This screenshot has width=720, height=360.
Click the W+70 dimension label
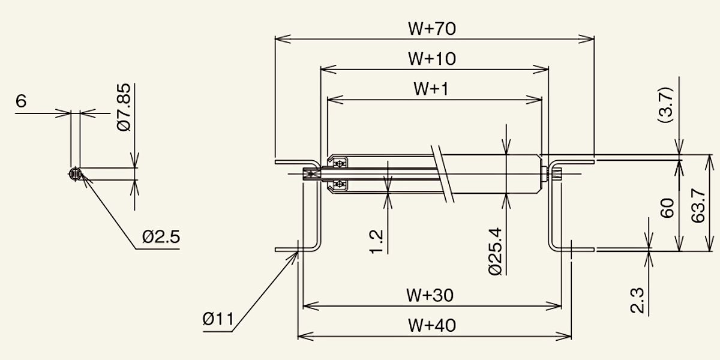[x=431, y=28]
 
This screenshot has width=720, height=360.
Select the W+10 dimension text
[x=431, y=59]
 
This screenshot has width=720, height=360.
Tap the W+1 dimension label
[x=431, y=89]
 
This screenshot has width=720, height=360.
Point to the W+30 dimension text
[x=430, y=295]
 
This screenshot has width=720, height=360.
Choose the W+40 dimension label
[x=431, y=325]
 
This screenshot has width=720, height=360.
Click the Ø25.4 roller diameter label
[x=495, y=251]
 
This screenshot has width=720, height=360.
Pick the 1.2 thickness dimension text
[x=376, y=242]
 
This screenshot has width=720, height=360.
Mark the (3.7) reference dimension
[x=665, y=104]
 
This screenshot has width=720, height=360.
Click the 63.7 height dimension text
[x=698, y=206]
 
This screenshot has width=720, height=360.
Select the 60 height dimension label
[x=667, y=208]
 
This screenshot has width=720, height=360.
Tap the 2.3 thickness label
[x=637, y=301]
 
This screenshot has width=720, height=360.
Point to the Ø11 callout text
[x=218, y=319]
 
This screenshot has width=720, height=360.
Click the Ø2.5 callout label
[x=161, y=237]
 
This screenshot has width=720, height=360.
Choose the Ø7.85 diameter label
[x=124, y=107]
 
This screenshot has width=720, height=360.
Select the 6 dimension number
[x=21, y=101]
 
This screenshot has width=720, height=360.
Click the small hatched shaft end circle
[x=75, y=174]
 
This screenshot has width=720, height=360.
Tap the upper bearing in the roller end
[x=340, y=164]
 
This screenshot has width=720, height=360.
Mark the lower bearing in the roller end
[x=340, y=184]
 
